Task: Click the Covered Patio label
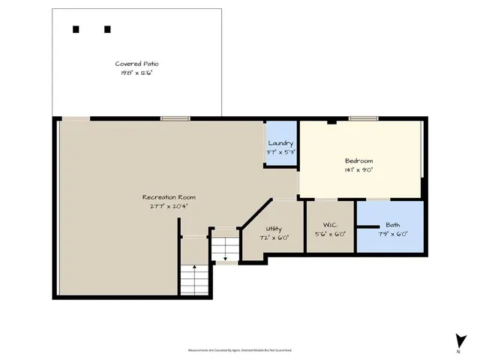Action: (x=136, y=64)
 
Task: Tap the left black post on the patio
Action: (x=76, y=29)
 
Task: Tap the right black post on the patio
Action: (x=107, y=29)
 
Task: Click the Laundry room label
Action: (x=281, y=143)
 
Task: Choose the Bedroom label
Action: (x=358, y=161)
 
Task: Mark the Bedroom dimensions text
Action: (x=358, y=170)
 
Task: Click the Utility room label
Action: (x=274, y=229)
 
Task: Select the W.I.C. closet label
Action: (x=330, y=225)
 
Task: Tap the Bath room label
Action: (x=393, y=225)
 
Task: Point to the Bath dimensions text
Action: (x=393, y=234)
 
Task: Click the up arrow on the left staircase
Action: (x=194, y=267)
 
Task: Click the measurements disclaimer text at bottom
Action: (x=239, y=350)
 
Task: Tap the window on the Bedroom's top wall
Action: (x=363, y=118)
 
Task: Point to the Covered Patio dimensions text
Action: (x=136, y=73)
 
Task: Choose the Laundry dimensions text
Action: (x=281, y=152)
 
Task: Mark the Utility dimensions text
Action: (x=274, y=238)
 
